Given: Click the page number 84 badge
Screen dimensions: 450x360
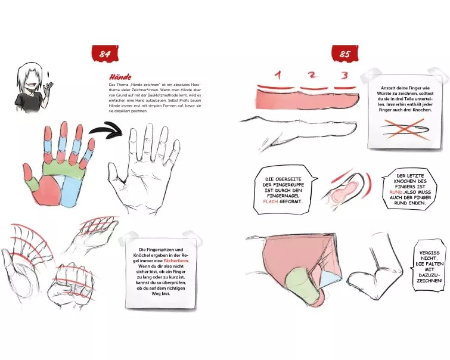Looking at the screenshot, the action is click(x=105, y=54).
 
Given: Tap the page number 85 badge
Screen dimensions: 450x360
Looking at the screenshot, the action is click(x=345, y=54).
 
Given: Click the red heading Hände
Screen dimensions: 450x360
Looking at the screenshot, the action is click(x=120, y=77).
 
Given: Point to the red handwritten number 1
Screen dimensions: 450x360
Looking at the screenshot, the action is click(x=278, y=75).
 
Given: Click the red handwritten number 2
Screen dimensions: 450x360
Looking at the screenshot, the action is click(x=312, y=75).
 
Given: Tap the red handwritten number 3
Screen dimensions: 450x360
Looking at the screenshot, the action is click(x=345, y=75).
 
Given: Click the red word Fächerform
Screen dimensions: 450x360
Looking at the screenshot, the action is click(x=176, y=260).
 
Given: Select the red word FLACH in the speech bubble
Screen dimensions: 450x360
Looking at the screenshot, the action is click(x=271, y=201).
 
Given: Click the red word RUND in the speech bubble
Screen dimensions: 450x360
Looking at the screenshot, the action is click(x=396, y=192).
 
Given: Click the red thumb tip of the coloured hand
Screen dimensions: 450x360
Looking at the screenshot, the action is click(x=27, y=171).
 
